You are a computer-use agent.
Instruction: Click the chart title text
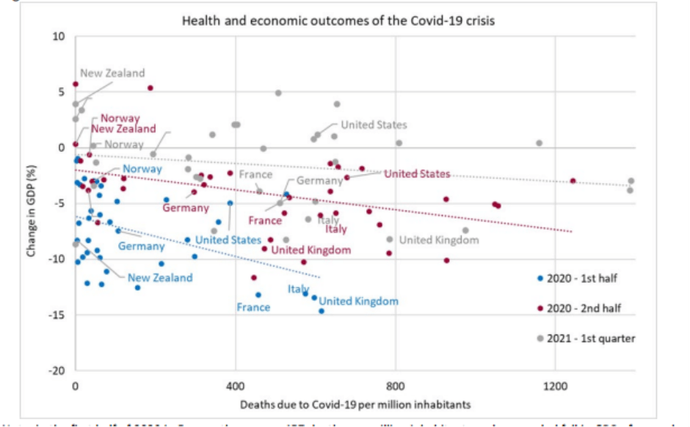click(338, 21)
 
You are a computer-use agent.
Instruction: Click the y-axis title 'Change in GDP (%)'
click(32, 203)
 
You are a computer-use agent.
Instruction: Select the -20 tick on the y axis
click(57, 371)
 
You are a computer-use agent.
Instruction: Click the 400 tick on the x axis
click(236, 384)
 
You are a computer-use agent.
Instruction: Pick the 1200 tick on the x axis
click(555, 384)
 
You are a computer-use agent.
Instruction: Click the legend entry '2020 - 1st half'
click(584, 279)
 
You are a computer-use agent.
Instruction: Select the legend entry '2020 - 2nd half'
click(584, 308)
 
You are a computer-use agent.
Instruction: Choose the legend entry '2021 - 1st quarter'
click(588, 338)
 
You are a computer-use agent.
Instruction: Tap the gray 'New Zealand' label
click(112, 73)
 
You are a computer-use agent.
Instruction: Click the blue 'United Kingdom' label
click(358, 302)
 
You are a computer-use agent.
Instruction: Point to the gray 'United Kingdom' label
click(438, 240)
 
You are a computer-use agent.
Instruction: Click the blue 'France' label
click(253, 307)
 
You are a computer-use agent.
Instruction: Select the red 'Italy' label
click(336, 230)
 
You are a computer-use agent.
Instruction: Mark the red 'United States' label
click(417, 174)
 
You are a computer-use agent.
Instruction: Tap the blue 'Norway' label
click(142, 169)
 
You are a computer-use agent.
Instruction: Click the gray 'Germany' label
click(319, 180)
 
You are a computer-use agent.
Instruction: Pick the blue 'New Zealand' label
click(160, 278)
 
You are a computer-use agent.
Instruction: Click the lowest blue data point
click(321, 311)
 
